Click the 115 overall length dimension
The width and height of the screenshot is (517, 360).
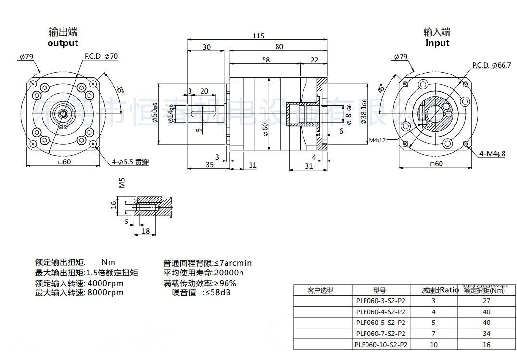(258, 36)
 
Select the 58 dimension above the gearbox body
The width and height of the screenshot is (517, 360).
(265, 60)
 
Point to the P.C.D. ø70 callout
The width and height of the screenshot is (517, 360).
(101, 56)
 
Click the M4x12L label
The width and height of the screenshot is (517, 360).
(378, 141)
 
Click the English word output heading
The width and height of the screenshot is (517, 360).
(63, 43)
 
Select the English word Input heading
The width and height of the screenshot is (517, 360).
(437, 43)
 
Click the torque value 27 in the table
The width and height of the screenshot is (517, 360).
(486, 301)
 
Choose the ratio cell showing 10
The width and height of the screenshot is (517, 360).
(433, 345)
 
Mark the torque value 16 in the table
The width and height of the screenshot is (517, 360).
(486, 345)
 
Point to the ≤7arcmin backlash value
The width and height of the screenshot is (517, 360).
(233, 263)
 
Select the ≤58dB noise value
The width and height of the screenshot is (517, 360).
(217, 292)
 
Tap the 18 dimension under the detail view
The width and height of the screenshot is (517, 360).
(146, 231)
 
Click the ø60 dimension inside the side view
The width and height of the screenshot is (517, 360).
(265, 130)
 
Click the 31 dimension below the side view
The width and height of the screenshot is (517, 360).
(309, 166)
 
